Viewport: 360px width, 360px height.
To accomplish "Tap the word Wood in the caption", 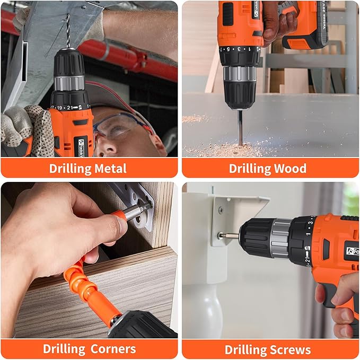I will (x=289, y=169).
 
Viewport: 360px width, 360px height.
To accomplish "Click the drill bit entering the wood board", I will (x=240, y=127).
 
